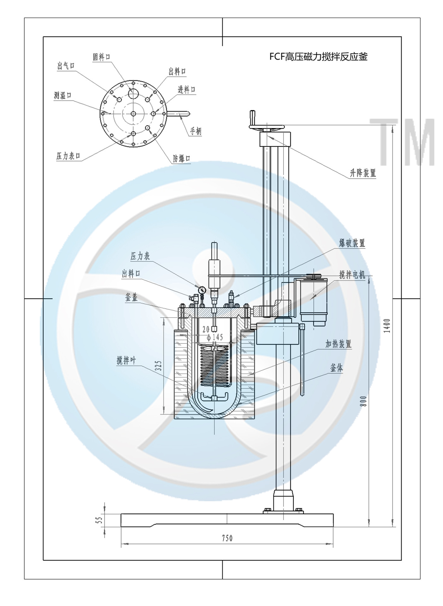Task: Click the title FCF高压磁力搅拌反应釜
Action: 318,57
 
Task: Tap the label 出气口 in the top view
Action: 66,66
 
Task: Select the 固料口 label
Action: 101,57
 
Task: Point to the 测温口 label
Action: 63,95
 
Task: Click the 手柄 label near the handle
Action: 196,131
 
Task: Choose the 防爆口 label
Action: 182,158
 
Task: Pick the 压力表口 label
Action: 68,156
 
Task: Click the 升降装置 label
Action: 363,173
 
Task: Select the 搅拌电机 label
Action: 352,275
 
